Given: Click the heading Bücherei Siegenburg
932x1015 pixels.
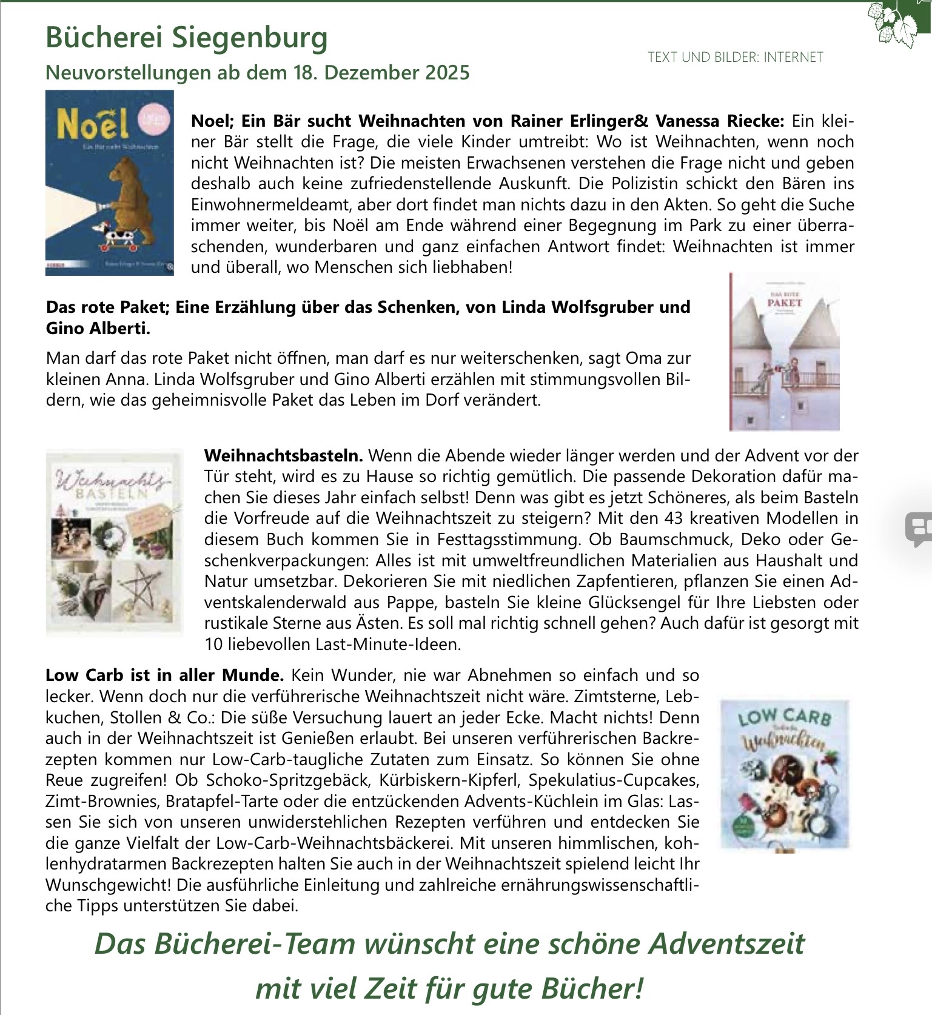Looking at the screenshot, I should (x=186, y=38).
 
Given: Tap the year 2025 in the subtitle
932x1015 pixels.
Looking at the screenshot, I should (x=448, y=73).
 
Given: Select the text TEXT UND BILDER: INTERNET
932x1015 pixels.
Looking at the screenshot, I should (x=735, y=58).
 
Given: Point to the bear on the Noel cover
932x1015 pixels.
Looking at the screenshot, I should (x=131, y=191).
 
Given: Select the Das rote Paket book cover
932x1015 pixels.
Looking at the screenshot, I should (x=784, y=352).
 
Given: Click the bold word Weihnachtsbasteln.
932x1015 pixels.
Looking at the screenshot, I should (x=283, y=455).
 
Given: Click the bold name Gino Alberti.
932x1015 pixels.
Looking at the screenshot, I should (x=98, y=329).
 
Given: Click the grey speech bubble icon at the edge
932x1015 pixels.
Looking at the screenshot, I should (x=918, y=528).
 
